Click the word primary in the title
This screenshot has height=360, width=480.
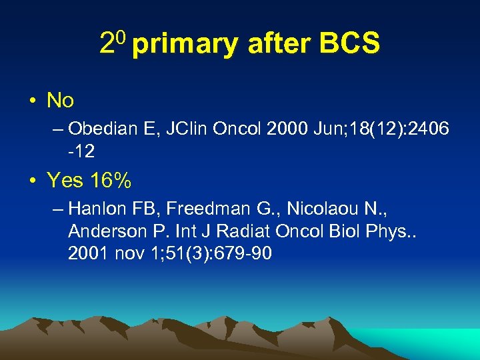[185, 44]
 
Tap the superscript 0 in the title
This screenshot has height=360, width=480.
[121, 39]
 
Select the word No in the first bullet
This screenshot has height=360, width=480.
[60, 101]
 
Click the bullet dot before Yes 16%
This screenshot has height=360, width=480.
[33, 180]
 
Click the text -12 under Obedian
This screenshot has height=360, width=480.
[81, 151]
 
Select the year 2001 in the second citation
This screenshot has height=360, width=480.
[85, 253]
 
